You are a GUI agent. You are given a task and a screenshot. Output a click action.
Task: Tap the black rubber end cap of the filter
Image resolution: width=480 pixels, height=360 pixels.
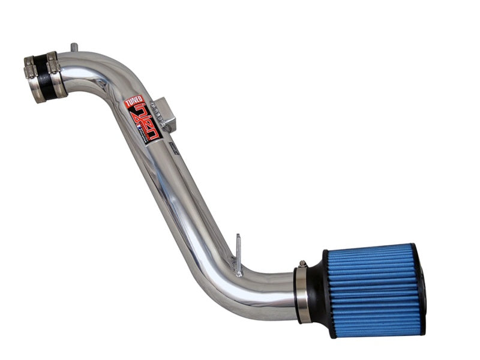421,291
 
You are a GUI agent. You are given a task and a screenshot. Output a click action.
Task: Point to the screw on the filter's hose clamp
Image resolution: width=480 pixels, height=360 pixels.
303,263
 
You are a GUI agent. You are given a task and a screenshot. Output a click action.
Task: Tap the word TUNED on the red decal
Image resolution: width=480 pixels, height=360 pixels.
133,103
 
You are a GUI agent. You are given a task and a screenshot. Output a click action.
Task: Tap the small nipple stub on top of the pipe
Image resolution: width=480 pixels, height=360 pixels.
73,47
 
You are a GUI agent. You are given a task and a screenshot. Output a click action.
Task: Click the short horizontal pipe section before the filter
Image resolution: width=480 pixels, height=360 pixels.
270,288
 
